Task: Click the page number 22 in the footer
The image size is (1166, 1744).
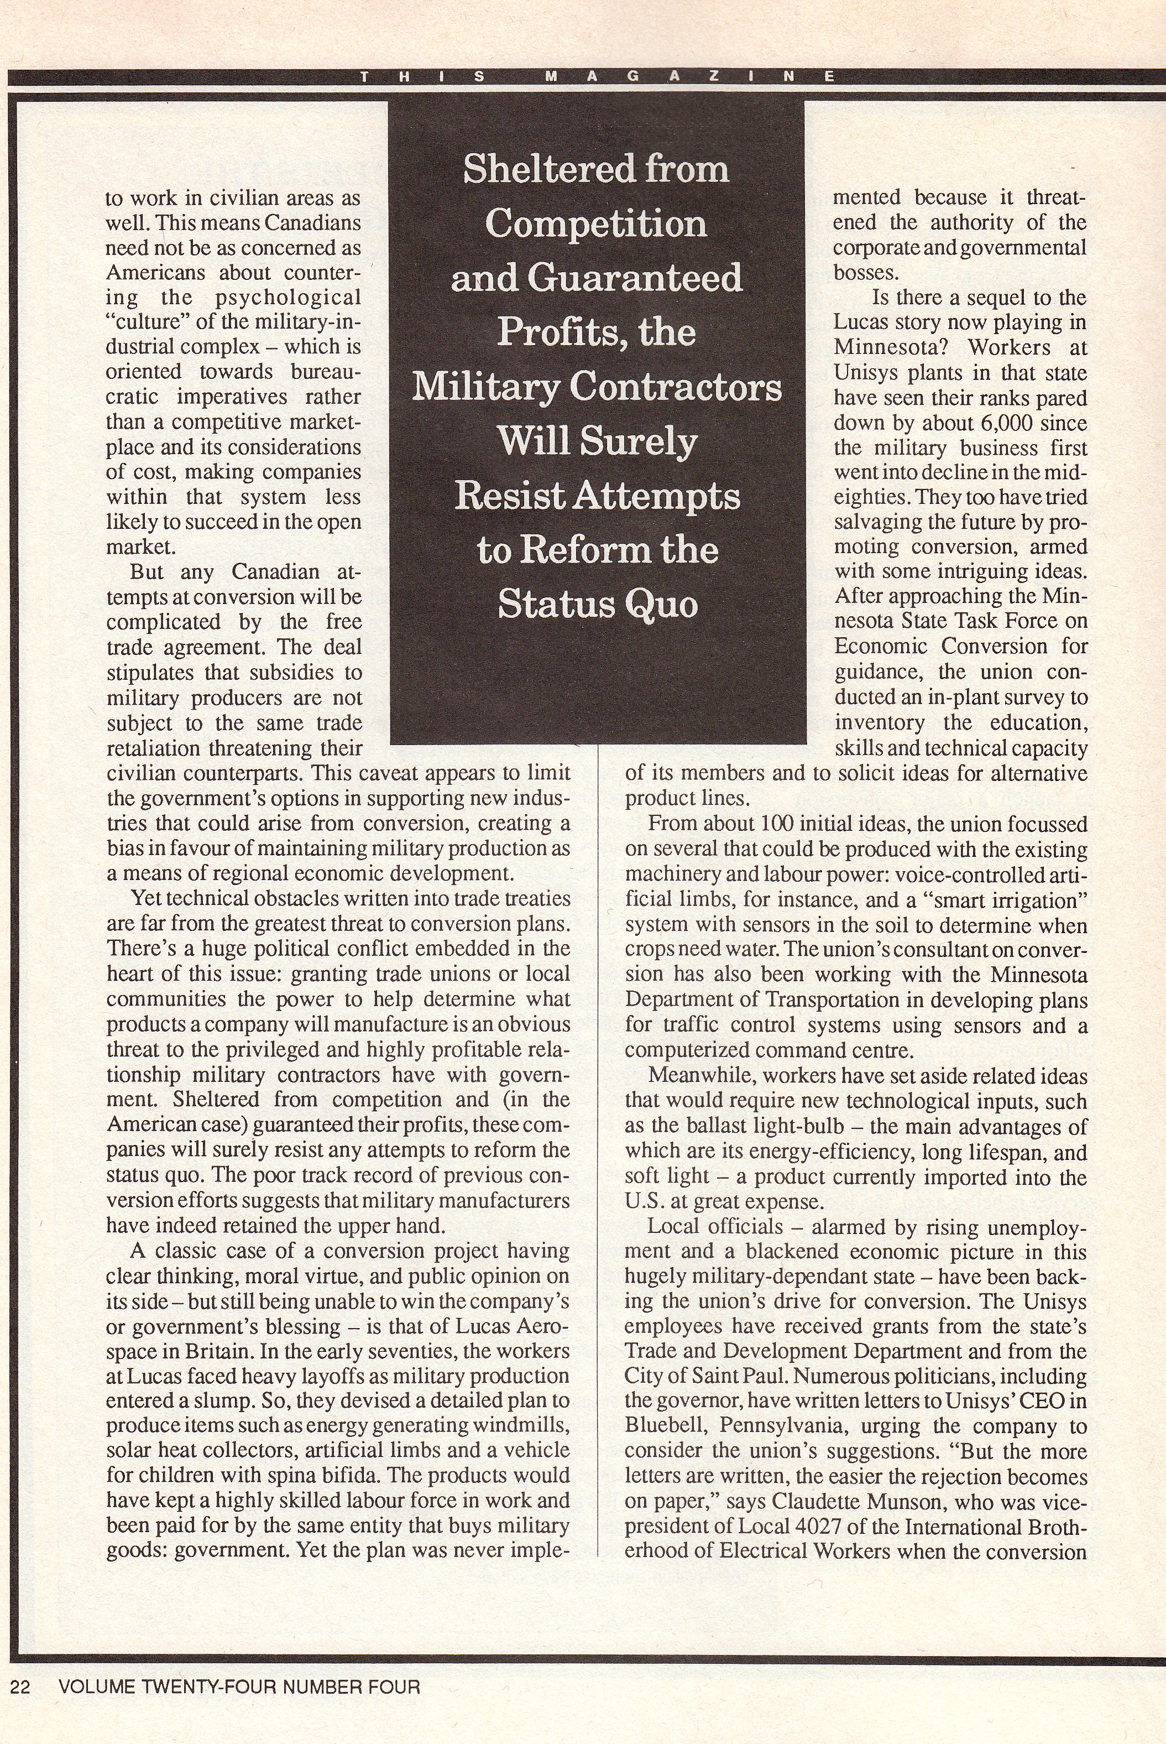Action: pyautogui.click(x=20, y=1686)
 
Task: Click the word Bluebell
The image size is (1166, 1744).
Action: pyautogui.click(x=666, y=1427)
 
